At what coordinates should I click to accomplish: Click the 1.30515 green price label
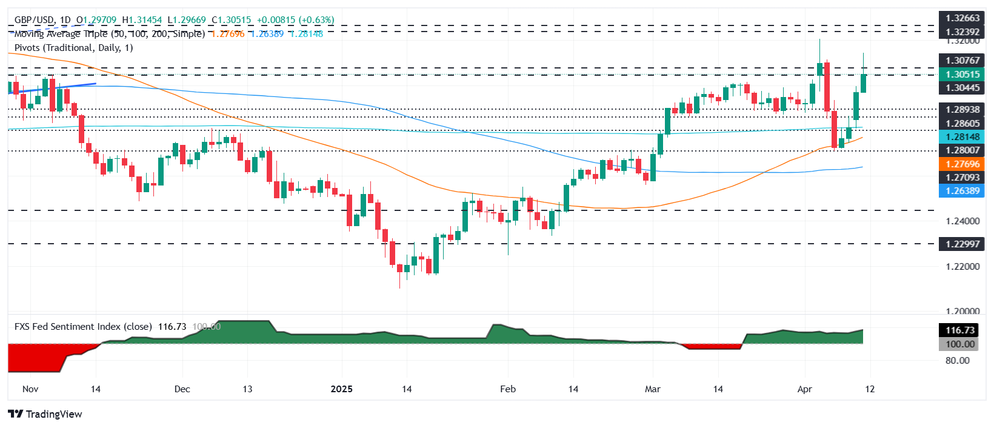[962, 75]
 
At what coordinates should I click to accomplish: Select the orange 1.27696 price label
[962, 164]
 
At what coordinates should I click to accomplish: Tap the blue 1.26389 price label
[962, 191]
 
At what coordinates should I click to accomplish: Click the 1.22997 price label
[962, 244]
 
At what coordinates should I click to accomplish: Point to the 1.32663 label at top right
[962, 18]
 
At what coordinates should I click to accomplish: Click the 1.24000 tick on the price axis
[962, 221]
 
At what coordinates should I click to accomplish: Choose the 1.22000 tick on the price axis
[962, 267]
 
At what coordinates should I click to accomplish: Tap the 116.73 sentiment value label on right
[961, 330]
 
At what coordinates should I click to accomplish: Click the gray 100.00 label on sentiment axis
[961, 344]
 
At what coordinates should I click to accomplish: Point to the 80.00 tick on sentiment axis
[957, 361]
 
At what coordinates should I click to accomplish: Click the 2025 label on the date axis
[341, 389]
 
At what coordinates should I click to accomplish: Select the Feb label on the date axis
[508, 389]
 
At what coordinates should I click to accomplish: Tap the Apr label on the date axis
[804, 389]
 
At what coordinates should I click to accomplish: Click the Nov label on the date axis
[30, 389]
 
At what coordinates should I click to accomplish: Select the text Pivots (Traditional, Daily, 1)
[73, 48]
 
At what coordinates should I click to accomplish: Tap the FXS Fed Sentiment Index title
[83, 327]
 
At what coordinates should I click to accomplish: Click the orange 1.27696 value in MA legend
[228, 34]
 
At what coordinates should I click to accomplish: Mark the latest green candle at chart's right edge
[863, 83]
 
